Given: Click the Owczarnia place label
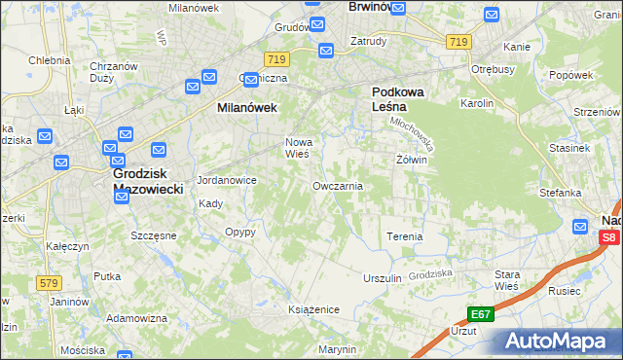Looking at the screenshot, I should tap(338, 186).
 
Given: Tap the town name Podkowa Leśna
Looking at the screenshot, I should tap(401, 100).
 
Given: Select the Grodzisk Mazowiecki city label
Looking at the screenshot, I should tap(142, 181).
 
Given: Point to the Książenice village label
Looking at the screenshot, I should tap(312, 309).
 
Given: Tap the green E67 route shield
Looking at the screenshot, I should tap(479, 314).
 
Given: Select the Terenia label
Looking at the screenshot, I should tap(405, 236).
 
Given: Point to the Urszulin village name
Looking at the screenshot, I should tap(382, 278).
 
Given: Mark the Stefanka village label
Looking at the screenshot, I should tap(560, 193).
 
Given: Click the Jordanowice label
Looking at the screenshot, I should tap(227, 180).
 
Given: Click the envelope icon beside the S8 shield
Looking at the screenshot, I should tap(581, 227).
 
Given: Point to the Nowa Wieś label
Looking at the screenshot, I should tap(297, 148).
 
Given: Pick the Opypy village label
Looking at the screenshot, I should tap(239, 233).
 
